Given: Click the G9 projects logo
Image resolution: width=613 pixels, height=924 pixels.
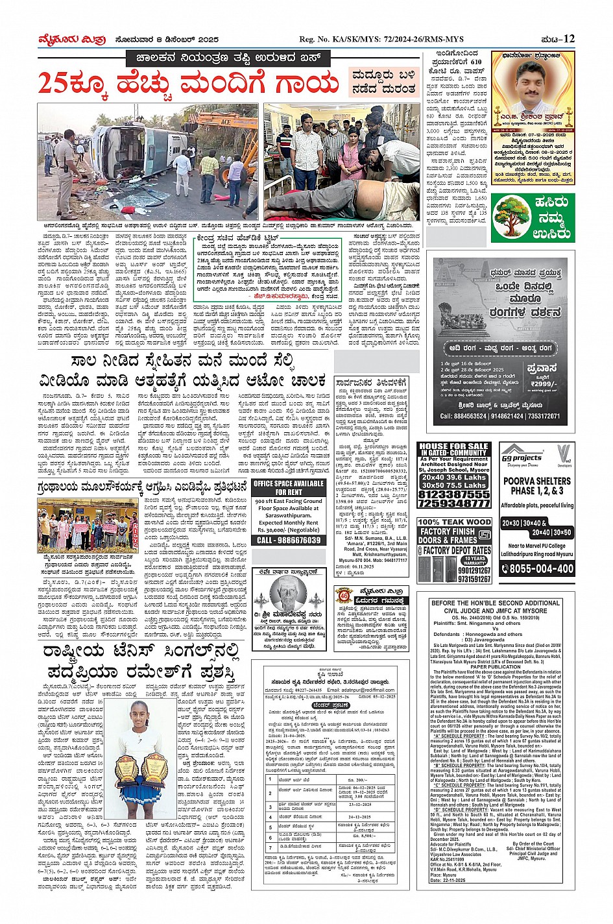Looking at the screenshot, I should (522, 452).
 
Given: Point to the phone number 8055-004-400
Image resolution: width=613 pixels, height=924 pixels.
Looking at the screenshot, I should (538, 569).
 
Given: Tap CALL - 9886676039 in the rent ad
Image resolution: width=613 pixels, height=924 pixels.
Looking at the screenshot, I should (289, 540).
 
